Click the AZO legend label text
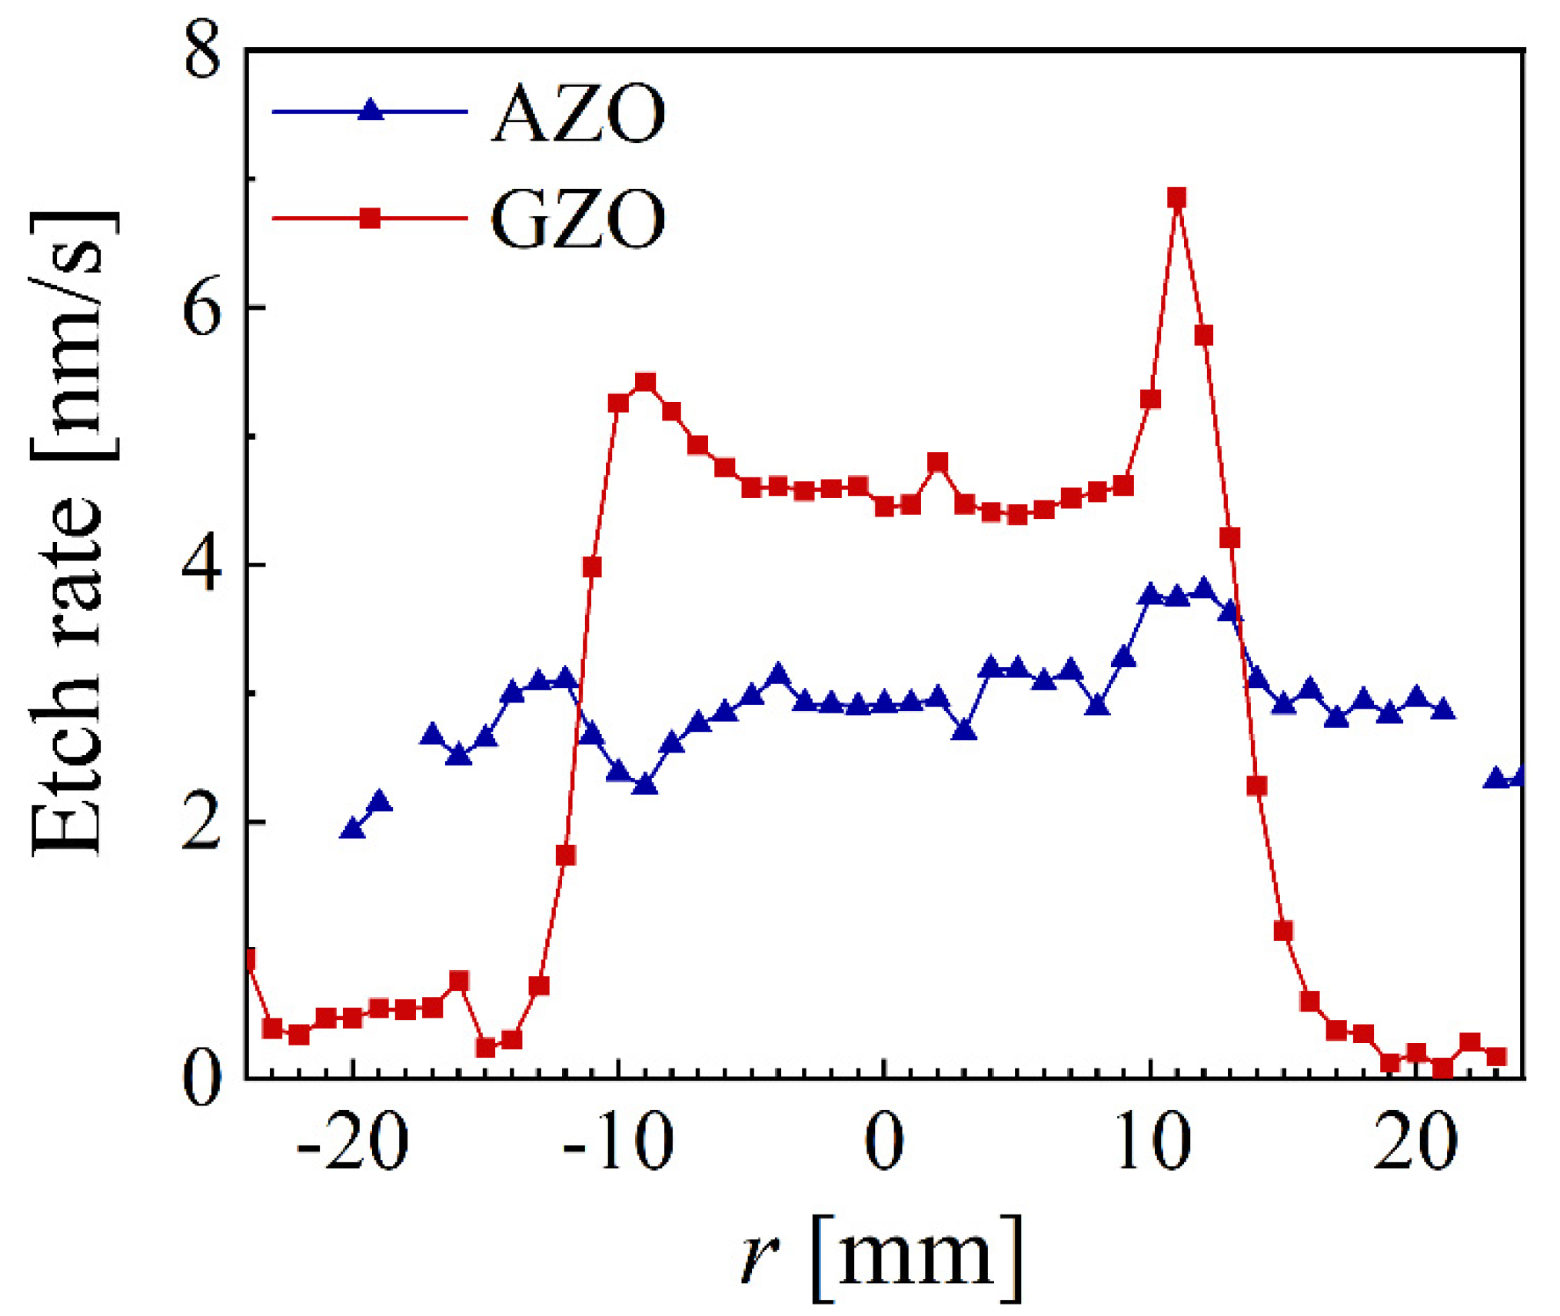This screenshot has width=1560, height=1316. (578, 114)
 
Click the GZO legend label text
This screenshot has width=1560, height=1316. (578, 221)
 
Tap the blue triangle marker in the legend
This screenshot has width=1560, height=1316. (371, 111)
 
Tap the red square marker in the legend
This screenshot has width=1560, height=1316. (371, 218)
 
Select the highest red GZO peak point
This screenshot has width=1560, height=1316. (1176, 198)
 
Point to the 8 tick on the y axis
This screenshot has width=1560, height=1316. (203, 52)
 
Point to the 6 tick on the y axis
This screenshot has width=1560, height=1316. (203, 308)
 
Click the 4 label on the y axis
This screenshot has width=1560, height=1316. (203, 566)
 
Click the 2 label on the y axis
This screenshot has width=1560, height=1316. (203, 822)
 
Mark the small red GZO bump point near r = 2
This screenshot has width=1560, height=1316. (937, 462)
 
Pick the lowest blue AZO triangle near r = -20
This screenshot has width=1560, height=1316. (352, 829)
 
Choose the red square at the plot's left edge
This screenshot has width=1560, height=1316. (248, 959)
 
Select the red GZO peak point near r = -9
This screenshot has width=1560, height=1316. (645, 382)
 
